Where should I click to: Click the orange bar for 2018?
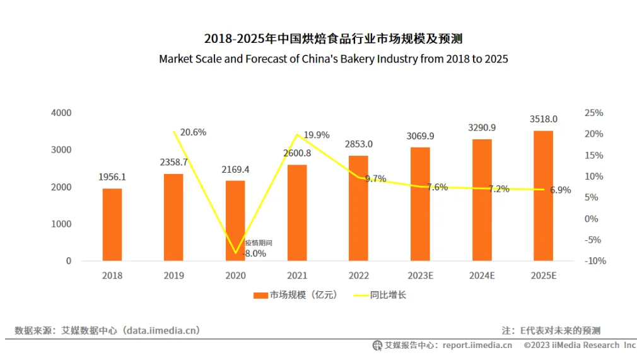pos(112,224)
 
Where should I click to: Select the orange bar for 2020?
pos(235,221)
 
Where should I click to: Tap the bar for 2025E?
pos(543,195)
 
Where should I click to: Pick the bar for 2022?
pos(358,208)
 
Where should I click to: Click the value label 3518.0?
pos(543,119)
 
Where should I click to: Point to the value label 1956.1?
pos(112,177)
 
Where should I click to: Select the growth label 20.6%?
pos(193,132)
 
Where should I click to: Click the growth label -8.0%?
pos(254,253)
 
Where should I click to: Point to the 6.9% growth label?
pos(560,190)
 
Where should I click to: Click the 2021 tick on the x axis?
pos(296,276)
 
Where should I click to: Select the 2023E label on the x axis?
pos(420,276)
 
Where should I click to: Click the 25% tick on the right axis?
pos(594,113)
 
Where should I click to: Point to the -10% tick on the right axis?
pos(595,261)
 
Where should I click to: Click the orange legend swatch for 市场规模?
pos(260,295)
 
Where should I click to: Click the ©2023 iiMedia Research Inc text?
pos(580,345)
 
